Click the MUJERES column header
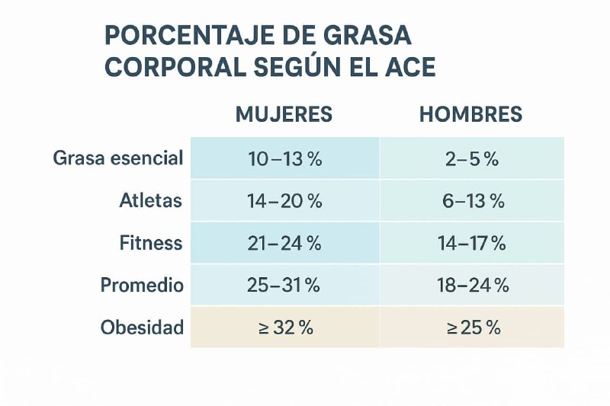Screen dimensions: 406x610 tap(284, 114)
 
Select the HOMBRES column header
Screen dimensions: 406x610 tap(471, 114)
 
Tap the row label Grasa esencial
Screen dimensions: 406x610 tap(118, 158)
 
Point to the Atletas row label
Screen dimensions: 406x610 tap(151, 201)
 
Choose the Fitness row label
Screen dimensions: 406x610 tap(151, 243)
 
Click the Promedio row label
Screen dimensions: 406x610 tap(142, 286)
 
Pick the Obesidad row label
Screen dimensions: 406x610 tap(142, 328)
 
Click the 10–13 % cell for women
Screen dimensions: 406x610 tap(284, 159)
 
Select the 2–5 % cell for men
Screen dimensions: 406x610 tap(471, 159)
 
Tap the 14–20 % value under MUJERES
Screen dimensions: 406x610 tap(284, 201)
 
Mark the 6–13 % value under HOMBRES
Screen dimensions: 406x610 tap(471, 201)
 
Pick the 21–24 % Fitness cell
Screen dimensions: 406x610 tap(284, 244)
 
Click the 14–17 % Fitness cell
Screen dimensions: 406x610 tap(471, 244)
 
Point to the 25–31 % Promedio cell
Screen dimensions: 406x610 tap(284, 286)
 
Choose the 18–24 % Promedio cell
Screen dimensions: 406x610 tap(471, 286)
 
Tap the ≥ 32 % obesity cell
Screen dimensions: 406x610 tap(284, 328)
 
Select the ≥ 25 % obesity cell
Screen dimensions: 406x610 tap(471, 328)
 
